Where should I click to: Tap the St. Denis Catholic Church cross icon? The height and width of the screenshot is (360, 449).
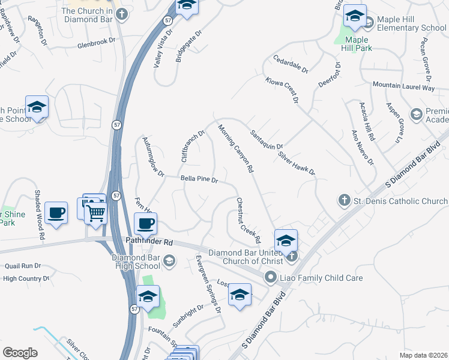tap(345, 200)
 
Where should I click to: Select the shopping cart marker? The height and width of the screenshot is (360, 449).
tap(97, 212)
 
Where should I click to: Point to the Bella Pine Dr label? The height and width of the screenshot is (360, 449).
tap(199, 179)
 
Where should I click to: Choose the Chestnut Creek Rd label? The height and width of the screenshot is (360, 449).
tap(249, 220)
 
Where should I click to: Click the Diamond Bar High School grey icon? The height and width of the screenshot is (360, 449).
tap(169, 260)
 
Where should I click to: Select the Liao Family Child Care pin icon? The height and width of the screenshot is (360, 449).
tap(271, 277)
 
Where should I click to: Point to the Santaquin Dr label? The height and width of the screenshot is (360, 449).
tap(267, 139)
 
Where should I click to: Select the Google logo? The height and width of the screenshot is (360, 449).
tap(20, 353)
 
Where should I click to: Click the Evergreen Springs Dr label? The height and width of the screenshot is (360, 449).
tap(208, 283)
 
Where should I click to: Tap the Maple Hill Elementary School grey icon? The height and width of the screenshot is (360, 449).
tap(368, 23)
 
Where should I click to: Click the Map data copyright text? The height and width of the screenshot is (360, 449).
tap(423, 355)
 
